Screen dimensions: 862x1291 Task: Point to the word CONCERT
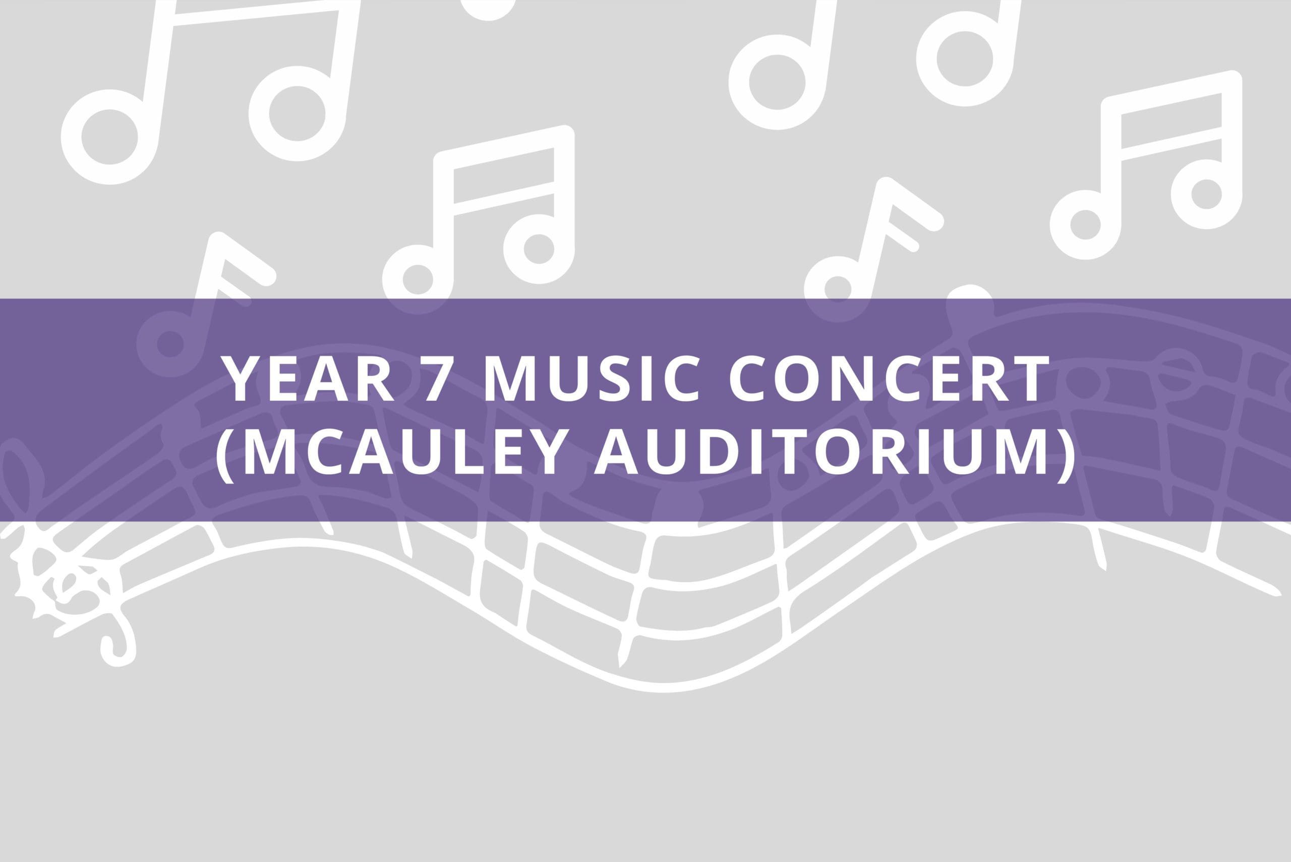click(889, 378)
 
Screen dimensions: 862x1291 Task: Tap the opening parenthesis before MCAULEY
click(225, 452)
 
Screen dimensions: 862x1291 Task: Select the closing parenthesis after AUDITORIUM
click(1066, 452)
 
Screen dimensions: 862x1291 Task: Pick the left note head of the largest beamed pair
click(109, 137)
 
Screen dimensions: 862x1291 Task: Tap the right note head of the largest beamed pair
click(297, 114)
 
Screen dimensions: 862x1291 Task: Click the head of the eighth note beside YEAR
click(170, 344)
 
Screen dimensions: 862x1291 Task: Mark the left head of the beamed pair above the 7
click(418, 279)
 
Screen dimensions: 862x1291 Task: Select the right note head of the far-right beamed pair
click(1206, 194)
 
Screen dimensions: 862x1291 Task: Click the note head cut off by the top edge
click(488, 7)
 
